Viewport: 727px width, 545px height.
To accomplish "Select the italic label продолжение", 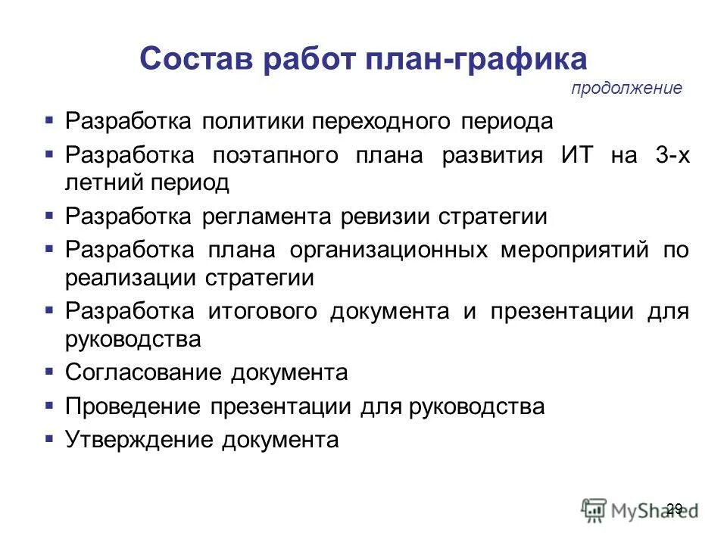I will pyautogui.click(x=626, y=89).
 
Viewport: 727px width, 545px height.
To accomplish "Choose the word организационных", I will pyautogui.click(x=393, y=252).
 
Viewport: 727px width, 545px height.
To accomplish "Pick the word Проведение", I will pyautogui.click(x=133, y=407).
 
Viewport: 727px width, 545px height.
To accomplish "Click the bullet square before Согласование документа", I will pyautogui.click(x=49, y=372).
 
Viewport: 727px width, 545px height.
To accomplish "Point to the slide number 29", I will pyautogui.click(x=674, y=507).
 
